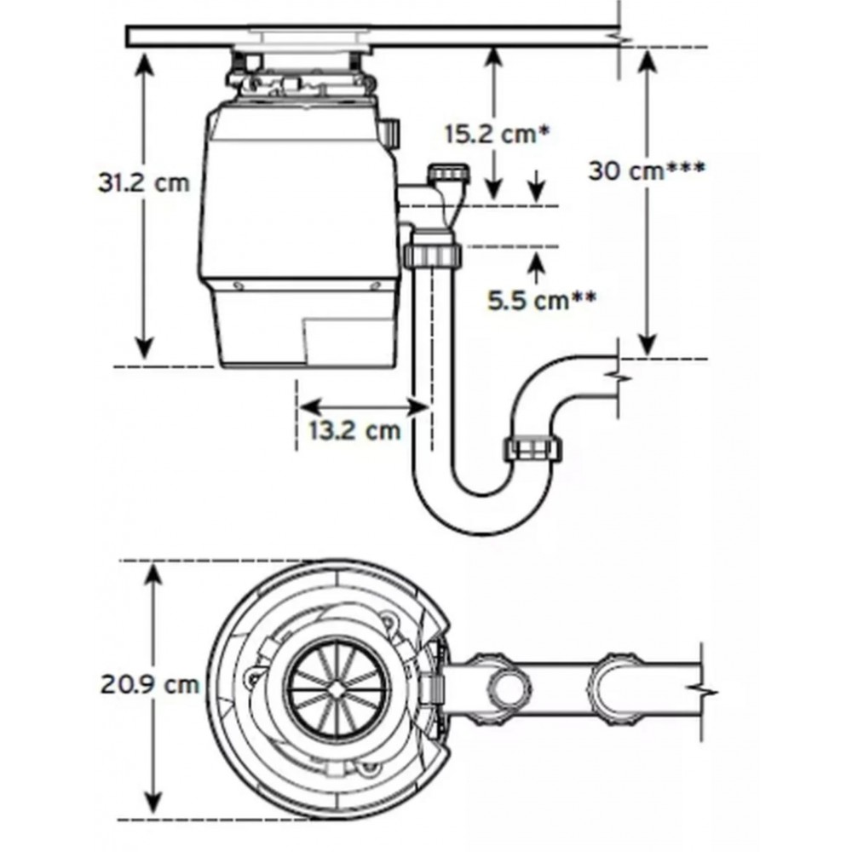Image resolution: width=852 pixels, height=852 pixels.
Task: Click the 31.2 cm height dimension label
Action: click(144, 182)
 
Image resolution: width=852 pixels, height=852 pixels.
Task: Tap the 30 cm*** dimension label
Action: click(647, 171)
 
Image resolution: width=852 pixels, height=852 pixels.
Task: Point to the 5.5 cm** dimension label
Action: click(542, 301)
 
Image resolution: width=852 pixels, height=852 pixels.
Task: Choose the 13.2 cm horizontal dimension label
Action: click(354, 431)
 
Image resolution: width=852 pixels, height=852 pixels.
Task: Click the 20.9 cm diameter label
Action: click(150, 684)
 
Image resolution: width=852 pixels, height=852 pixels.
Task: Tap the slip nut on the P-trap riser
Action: click(533, 448)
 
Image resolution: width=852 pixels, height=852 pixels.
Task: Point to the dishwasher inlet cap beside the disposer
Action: click(449, 175)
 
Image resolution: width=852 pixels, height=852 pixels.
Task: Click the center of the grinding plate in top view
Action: click(337, 689)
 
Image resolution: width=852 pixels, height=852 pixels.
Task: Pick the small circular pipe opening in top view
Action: click(510, 688)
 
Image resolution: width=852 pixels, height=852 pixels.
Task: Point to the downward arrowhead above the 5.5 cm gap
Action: click(536, 190)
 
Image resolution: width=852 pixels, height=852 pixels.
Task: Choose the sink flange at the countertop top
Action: click(311, 38)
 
